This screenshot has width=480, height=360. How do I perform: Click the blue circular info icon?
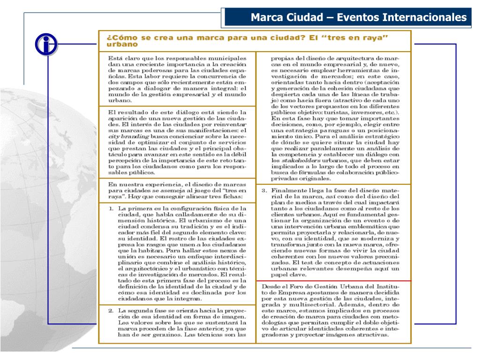[45, 45]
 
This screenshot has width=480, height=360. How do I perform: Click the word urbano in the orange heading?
[122, 45]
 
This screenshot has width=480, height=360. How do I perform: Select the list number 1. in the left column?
[112, 208]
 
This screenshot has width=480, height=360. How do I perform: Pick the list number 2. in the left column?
[112, 310]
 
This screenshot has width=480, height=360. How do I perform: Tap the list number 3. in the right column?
[264, 190]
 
